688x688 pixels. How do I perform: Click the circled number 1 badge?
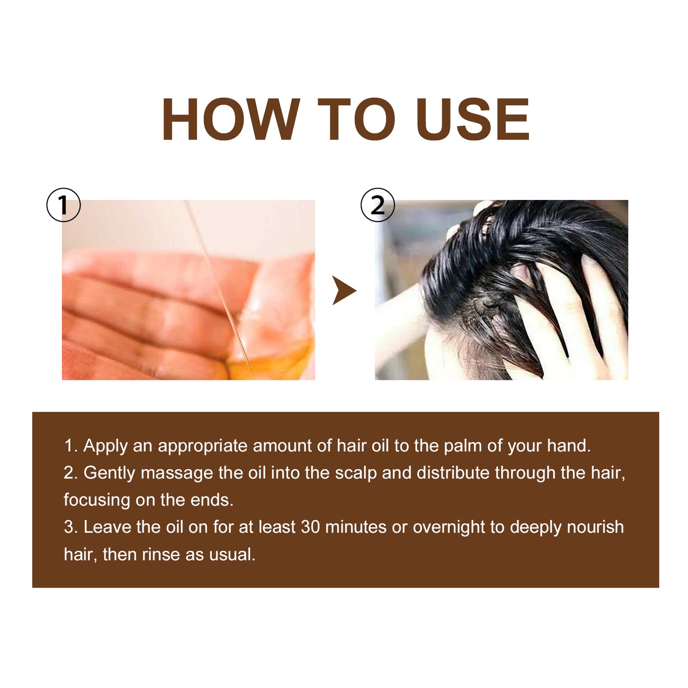(63, 205)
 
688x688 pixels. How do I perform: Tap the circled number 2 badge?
(378, 205)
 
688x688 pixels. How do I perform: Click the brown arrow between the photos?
(344, 290)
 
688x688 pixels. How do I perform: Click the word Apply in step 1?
(105, 446)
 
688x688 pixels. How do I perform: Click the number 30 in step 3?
(310, 528)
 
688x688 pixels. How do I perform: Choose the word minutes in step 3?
(356, 528)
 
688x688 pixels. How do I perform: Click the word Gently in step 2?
(109, 473)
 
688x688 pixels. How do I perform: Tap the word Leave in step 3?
(107, 528)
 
